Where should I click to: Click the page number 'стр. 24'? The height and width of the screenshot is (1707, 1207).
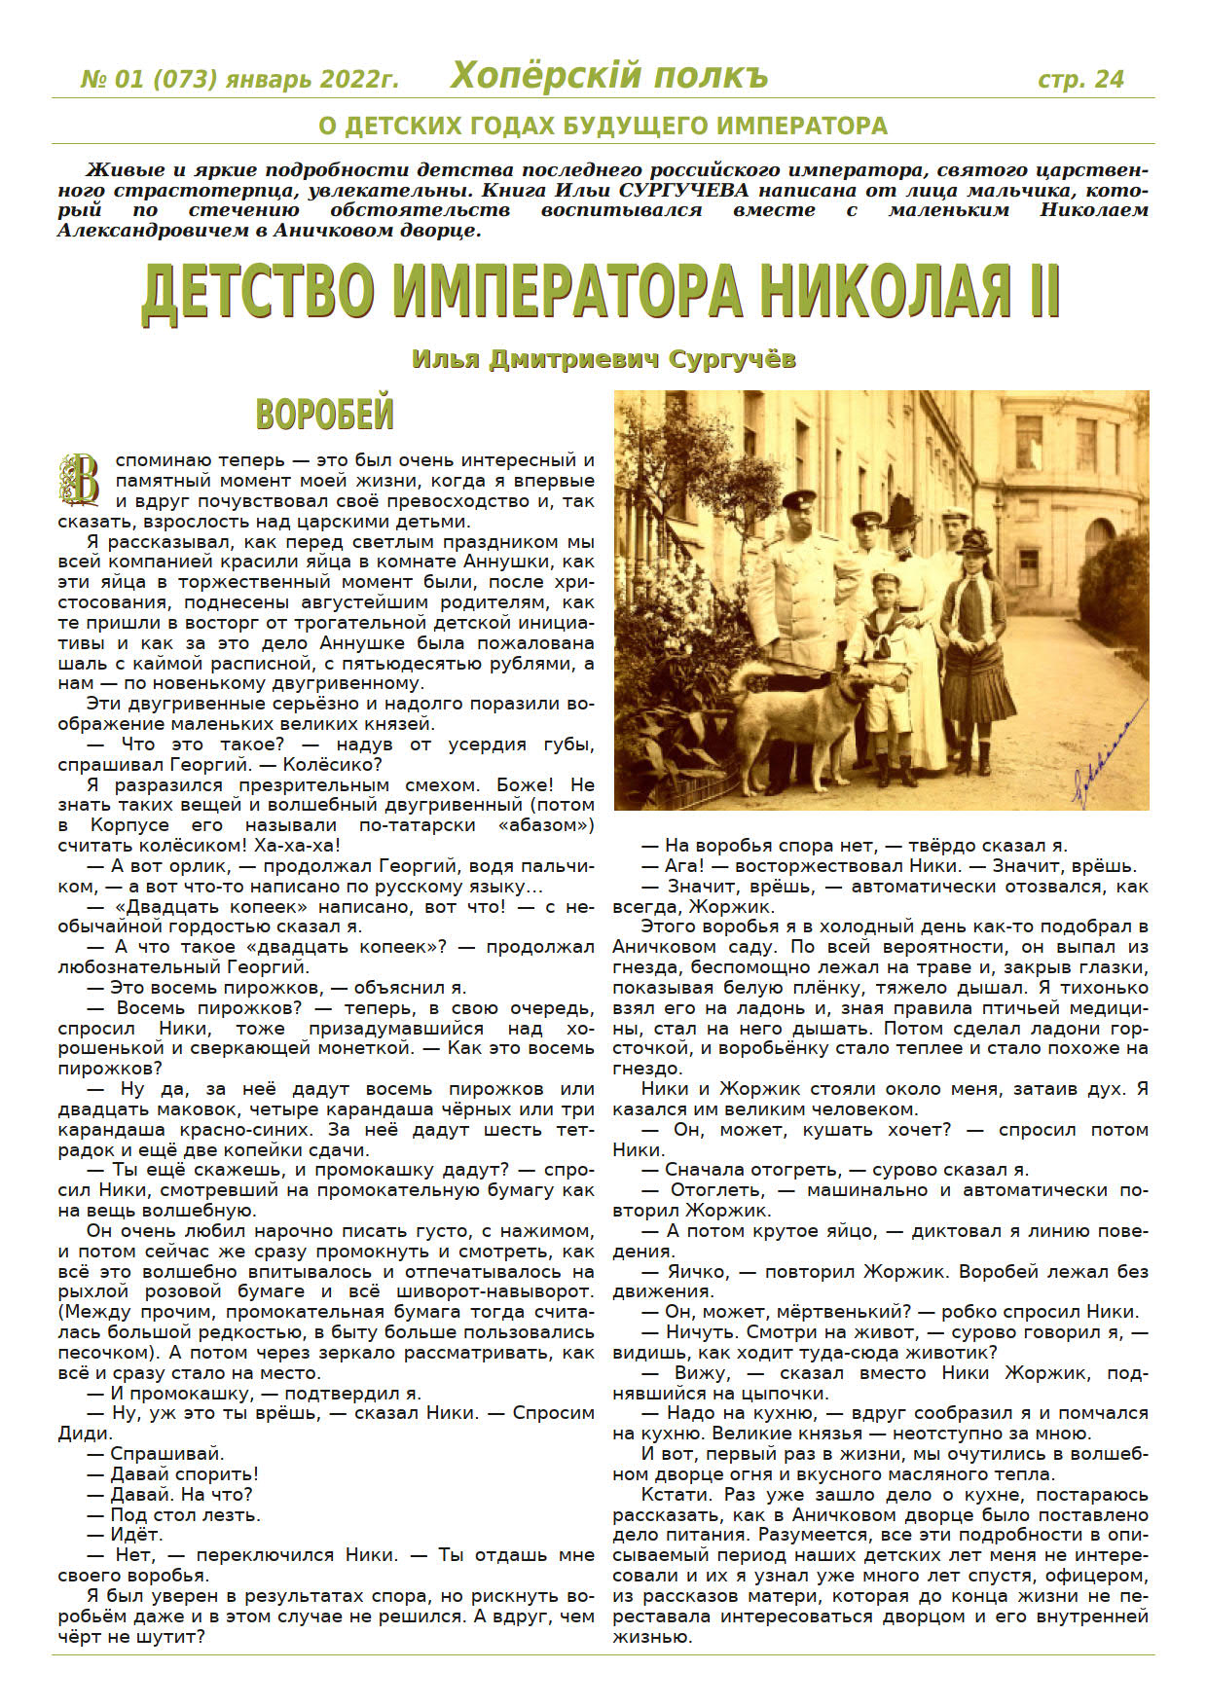(x=1080, y=80)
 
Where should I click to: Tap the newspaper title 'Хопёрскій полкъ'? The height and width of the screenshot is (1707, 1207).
(x=609, y=76)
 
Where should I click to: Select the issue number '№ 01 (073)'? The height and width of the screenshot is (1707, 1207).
(x=148, y=80)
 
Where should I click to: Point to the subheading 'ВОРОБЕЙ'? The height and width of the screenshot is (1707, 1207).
(x=324, y=415)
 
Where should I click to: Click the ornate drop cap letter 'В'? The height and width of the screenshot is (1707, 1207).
(x=80, y=479)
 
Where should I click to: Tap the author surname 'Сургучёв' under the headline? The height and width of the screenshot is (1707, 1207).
(x=732, y=359)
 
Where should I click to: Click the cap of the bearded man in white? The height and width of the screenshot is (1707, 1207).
(x=798, y=499)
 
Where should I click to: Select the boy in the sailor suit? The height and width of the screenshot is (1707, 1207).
(x=884, y=672)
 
